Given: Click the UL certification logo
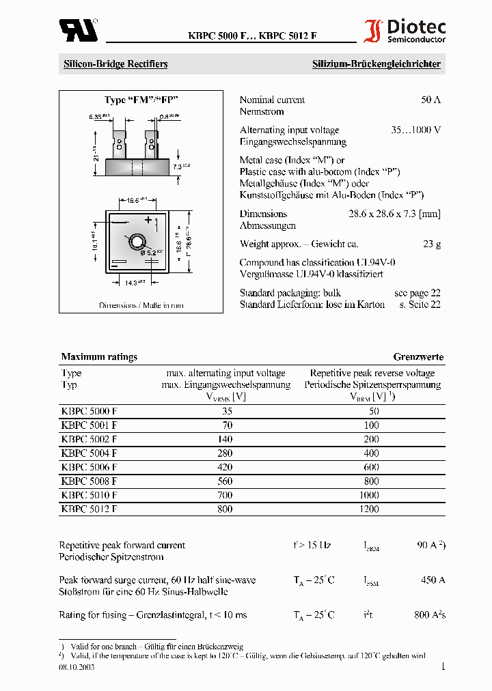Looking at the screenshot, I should (78, 29).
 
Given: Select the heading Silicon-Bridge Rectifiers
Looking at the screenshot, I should (115, 64).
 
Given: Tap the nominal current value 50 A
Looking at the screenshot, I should (430, 100).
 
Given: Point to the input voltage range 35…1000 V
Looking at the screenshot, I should (415, 130).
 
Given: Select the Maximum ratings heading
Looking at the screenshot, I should (99, 356).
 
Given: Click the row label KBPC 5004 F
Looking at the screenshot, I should (89, 453).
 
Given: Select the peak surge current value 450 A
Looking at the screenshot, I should (433, 580).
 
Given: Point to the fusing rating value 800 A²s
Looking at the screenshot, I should (429, 615).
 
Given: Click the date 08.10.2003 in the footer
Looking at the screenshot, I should (77, 667).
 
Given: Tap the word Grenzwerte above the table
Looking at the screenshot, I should (418, 356).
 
